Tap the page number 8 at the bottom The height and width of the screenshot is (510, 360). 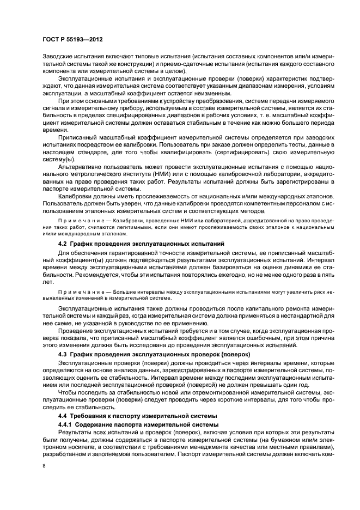click(x=44, y=466)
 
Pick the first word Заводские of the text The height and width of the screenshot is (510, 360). click(x=58, y=57)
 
